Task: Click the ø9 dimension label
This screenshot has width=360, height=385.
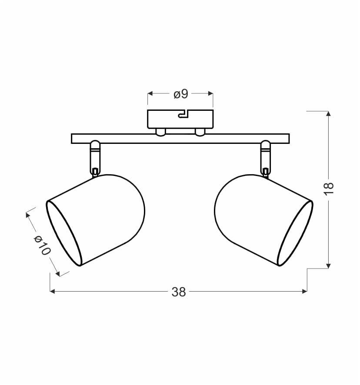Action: pyautogui.click(x=181, y=94)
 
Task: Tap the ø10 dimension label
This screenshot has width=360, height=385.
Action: pyautogui.click(x=42, y=245)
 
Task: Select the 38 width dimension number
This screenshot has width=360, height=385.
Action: pyautogui.click(x=179, y=292)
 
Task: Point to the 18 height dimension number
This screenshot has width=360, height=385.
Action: pyautogui.click(x=329, y=189)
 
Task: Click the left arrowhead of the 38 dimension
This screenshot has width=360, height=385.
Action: pyautogui.click(x=52, y=291)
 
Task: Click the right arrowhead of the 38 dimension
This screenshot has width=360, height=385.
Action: pyautogui.click(x=305, y=291)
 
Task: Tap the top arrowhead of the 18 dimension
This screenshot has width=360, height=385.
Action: pyautogui.click(x=328, y=113)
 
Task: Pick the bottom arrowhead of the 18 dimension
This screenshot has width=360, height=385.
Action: pyautogui.click(x=328, y=266)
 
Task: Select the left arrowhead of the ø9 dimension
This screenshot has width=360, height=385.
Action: pyautogui.click(x=150, y=93)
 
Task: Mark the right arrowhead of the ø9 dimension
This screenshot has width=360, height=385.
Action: pyautogui.click(x=210, y=93)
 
